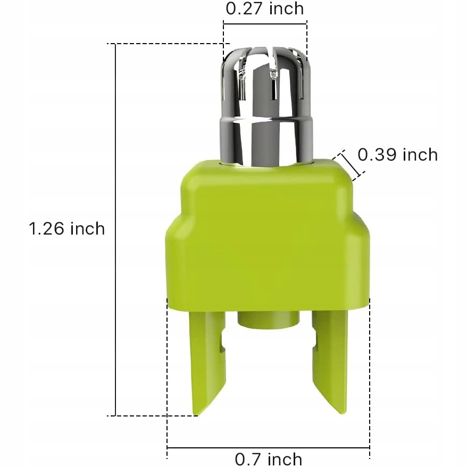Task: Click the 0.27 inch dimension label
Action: click(x=265, y=9)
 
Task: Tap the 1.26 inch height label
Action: click(x=67, y=229)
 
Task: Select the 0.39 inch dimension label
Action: click(x=397, y=155)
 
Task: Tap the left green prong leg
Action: click(x=207, y=356)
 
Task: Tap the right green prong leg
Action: click(x=330, y=356)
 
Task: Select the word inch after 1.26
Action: click(x=85, y=229)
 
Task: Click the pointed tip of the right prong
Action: click(x=343, y=412)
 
